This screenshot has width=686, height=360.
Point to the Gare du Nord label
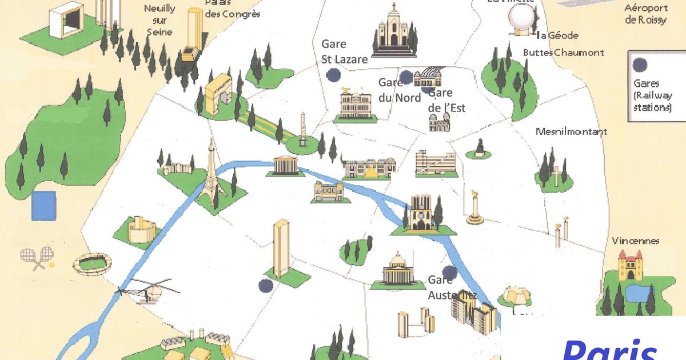[x=400, y=90]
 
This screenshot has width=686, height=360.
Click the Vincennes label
[x=635, y=241]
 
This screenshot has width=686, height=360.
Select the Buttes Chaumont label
[x=563, y=53]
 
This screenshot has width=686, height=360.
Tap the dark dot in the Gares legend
[x=641, y=65]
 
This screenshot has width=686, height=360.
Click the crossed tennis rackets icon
[x=37, y=258]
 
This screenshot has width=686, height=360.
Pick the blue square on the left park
[x=43, y=206]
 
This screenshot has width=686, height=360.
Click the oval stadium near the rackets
[x=92, y=263]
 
